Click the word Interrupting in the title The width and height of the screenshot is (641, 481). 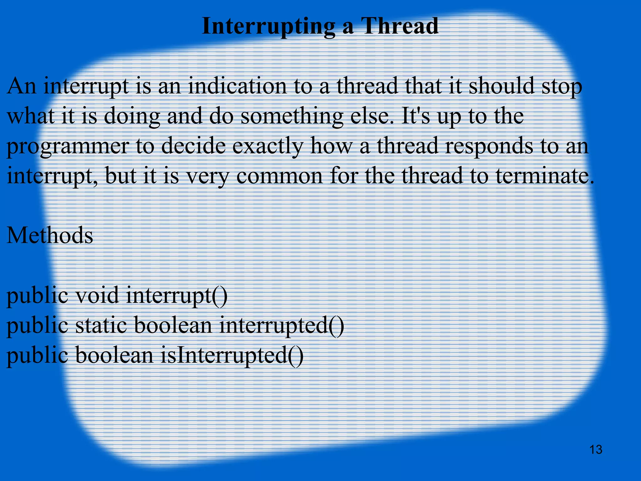[269, 26]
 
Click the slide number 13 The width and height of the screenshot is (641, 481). [596, 450]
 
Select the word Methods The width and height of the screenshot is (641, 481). [50, 235]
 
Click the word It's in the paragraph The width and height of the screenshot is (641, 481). [415, 116]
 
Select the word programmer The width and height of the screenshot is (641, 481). [67, 147]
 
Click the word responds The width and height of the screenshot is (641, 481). [489, 147]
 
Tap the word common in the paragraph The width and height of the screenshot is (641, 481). [279, 176]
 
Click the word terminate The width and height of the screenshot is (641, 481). [544, 176]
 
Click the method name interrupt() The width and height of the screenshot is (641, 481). [177, 296]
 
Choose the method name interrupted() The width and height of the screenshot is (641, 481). [282, 326]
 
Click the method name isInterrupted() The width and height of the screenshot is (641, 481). [232, 356]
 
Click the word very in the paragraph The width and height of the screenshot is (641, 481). [208, 176]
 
